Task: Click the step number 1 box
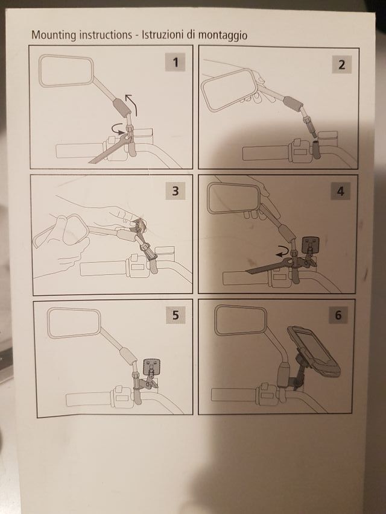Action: coord(176,62)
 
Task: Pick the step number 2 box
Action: coord(342,64)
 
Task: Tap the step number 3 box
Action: coord(176,190)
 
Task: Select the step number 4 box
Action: coord(340,191)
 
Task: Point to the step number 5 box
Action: coord(176,315)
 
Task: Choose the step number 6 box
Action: coord(338,315)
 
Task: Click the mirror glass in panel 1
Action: coord(66,71)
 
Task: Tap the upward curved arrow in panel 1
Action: coord(132,104)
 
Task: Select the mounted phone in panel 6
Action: coord(313,349)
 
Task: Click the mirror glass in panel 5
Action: coord(75,323)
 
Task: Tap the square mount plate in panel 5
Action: coord(151,366)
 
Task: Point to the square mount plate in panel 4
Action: coord(311,245)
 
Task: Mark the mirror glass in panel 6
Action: coord(241,320)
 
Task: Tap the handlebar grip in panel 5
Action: coord(89,400)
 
